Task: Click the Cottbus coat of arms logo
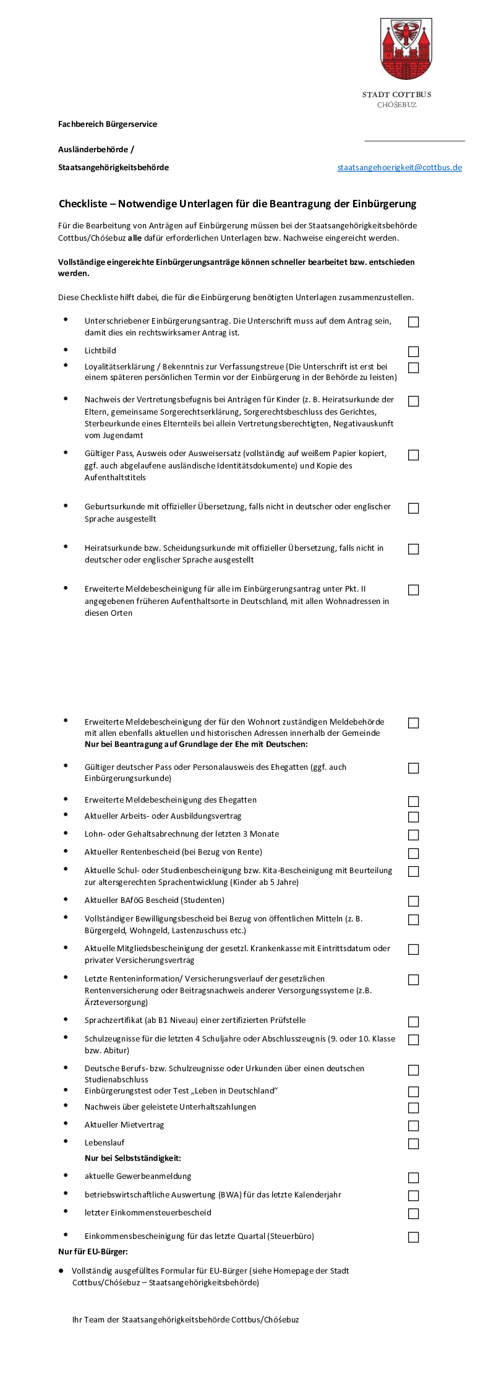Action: click(x=406, y=49)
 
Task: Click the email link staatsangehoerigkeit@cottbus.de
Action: click(x=399, y=168)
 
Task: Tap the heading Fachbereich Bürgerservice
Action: click(x=108, y=124)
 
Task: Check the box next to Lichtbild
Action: click(x=414, y=351)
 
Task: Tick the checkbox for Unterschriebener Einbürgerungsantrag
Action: click(x=414, y=322)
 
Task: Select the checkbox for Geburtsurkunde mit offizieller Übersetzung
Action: click(x=414, y=508)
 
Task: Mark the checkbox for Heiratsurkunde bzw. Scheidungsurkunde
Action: click(x=414, y=549)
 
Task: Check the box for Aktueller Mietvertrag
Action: click(x=414, y=1126)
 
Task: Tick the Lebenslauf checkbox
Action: click(x=414, y=1144)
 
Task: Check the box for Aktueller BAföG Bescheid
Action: click(x=414, y=901)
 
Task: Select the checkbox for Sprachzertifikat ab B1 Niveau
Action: click(x=414, y=1022)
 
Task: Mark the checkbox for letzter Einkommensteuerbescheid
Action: click(x=414, y=1214)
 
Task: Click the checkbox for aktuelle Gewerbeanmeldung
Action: click(x=414, y=1178)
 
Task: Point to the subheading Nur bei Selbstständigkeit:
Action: click(x=133, y=1158)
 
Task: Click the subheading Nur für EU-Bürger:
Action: click(x=93, y=1251)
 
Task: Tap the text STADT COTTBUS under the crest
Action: click(x=396, y=95)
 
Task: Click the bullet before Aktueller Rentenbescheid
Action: click(x=66, y=851)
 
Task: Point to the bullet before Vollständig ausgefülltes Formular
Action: click(x=61, y=1270)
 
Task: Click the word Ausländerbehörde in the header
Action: click(x=93, y=150)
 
